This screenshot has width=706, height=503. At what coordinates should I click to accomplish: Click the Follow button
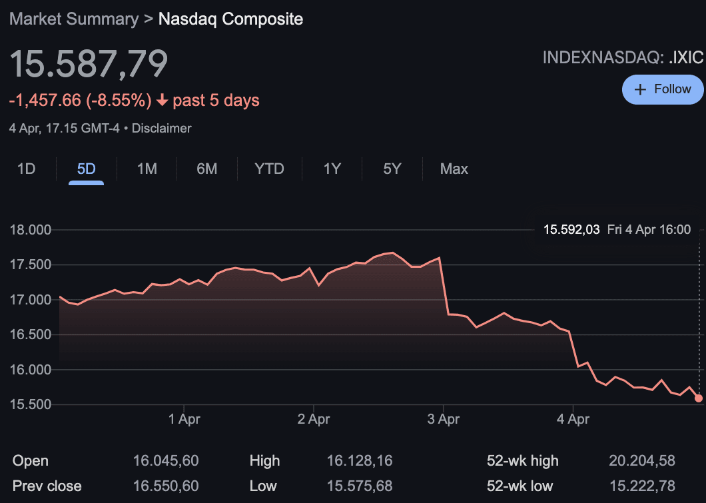pos(663,89)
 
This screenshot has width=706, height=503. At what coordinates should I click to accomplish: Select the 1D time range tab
pos(26,169)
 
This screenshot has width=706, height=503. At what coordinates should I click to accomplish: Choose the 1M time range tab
pos(147,169)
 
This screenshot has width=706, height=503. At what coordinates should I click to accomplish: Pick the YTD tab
pos(269,169)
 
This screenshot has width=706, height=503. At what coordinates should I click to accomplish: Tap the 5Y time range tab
pos(392,169)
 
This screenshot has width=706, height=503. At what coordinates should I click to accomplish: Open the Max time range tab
pos(454,169)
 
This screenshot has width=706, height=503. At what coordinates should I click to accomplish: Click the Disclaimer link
pos(162,129)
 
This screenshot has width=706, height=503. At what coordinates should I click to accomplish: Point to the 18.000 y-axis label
pos(31,231)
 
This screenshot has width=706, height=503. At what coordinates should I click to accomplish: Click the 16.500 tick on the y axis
pos(31,335)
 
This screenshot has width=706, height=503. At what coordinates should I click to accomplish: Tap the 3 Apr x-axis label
pos(444,419)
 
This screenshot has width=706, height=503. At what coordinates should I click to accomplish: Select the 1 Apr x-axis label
pos(184,419)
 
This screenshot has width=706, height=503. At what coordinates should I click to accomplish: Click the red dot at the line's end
pos(699,398)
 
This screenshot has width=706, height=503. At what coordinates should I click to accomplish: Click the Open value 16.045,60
pos(166,461)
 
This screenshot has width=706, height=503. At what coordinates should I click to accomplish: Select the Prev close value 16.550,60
pos(166,486)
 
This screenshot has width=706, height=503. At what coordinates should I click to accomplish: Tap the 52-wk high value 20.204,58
pos(642,461)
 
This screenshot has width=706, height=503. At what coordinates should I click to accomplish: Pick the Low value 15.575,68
pos(360,486)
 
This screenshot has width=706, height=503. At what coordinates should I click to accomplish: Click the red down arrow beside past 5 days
pos(162,101)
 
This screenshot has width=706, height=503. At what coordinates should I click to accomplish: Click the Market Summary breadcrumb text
pos(73,19)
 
